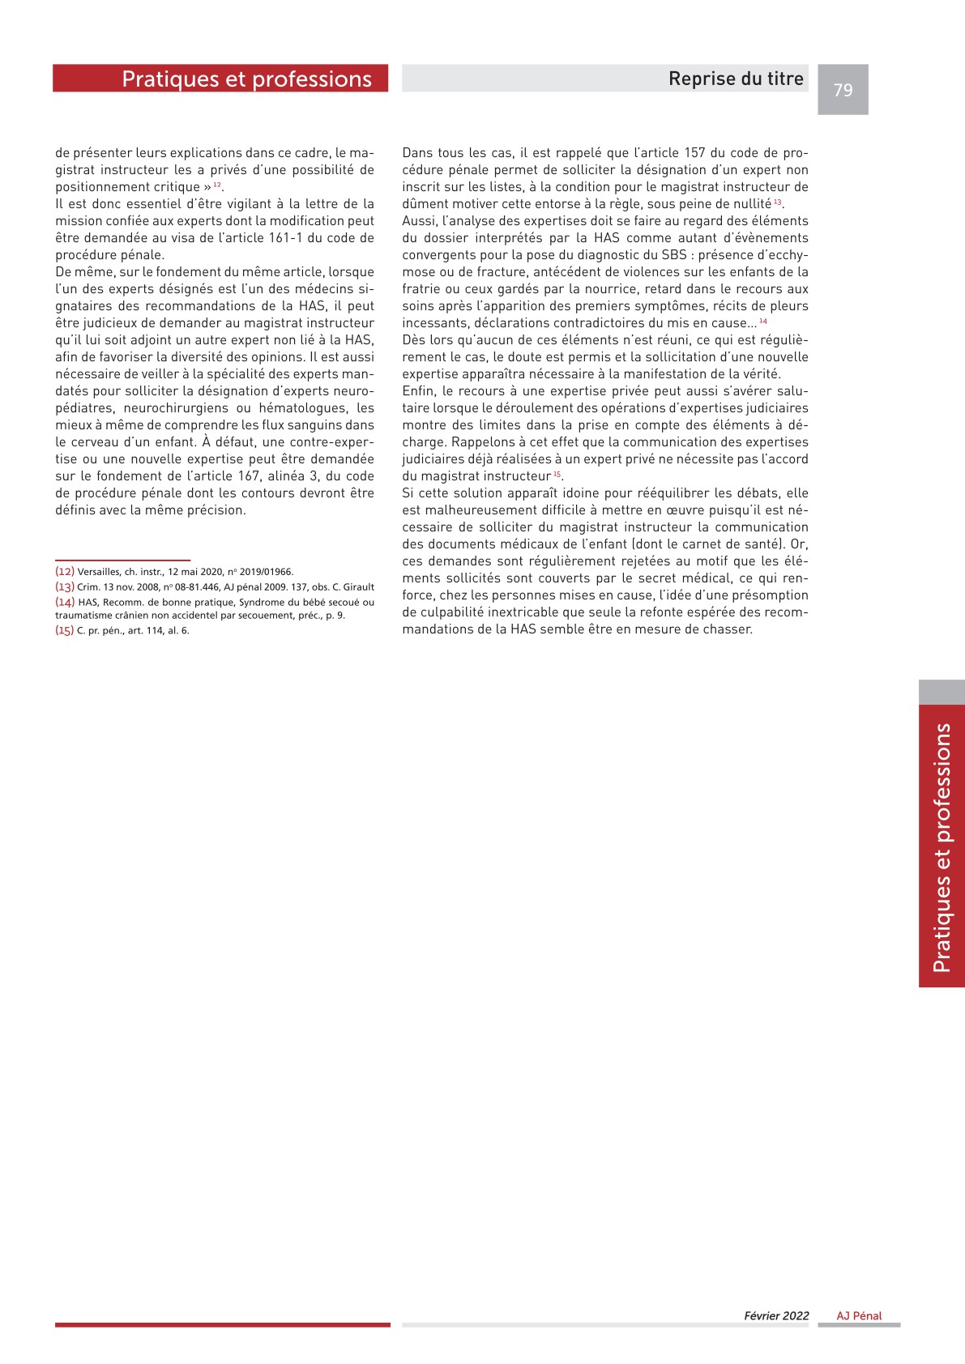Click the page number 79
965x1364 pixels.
click(x=843, y=90)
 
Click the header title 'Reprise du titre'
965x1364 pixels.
click(x=736, y=79)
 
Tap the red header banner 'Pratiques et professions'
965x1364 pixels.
click(x=246, y=79)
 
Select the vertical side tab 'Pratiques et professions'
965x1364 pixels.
click(x=942, y=846)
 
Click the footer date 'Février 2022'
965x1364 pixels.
click(x=776, y=1315)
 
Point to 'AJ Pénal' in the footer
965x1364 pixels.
click(x=860, y=1315)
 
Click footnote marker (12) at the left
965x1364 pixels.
click(x=65, y=571)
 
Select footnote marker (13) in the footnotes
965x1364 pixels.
click(x=65, y=586)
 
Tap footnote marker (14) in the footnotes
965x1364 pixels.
click(x=65, y=602)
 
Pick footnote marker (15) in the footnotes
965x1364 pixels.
click(x=65, y=630)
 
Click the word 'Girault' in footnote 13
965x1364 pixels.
click(x=358, y=587)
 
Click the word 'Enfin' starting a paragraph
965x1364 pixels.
click(x=418, y=391)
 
